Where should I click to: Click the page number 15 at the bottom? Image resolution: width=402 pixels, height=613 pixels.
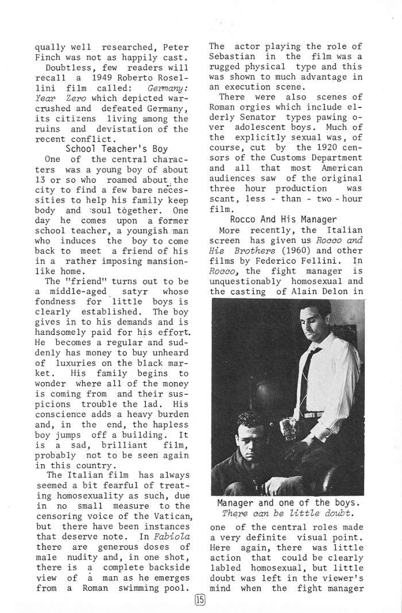[x=199, y=600]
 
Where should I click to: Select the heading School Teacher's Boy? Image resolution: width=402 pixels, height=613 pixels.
[x=117, y=149]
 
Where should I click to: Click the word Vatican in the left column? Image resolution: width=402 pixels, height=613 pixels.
[x=169, y=516]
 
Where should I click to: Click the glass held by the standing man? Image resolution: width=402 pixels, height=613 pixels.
[x=285, y=427]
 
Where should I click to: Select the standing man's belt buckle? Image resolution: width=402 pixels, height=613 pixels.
[x=315, y=414]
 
